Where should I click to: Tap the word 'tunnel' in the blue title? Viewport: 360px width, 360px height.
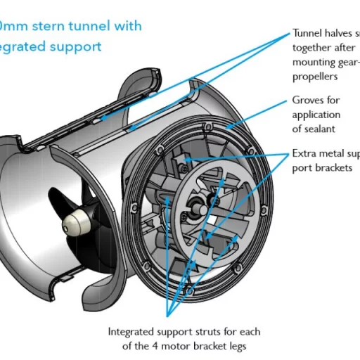click(88, 26)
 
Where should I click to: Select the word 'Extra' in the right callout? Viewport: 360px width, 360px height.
click(306, 154)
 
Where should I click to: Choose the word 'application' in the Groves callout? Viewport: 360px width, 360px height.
click(316, 115)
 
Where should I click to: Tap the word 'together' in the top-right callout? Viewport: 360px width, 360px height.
click(312, 48)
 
